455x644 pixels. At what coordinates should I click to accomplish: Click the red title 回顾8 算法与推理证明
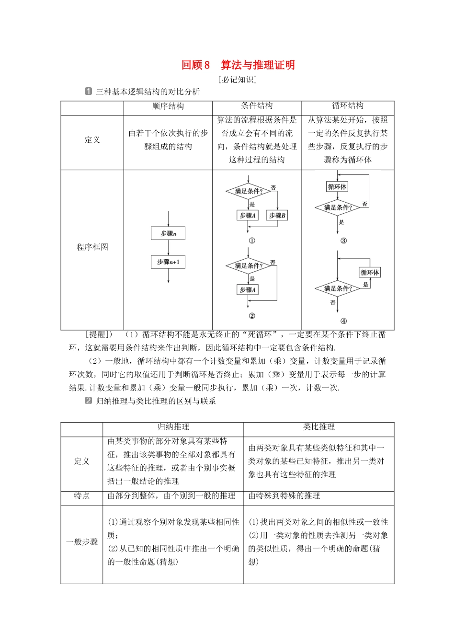tap(238, 65)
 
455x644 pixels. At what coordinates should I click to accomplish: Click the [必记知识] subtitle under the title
tap(238, 80)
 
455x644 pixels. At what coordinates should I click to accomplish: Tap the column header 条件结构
tap(257, 106)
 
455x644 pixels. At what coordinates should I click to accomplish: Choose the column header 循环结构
tap(348, 106)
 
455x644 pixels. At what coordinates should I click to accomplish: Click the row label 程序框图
tap(92, 247)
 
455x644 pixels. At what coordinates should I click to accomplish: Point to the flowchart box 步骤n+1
tap(168, 262)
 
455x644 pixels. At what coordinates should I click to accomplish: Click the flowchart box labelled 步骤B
tap(277, 216)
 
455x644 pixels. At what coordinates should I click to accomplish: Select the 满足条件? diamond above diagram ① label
tap(249, 192)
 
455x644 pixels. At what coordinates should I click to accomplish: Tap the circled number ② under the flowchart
tap(252, 315)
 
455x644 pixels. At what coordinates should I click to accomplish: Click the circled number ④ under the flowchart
tap(343, 321)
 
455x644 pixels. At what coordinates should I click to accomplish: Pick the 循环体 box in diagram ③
tap(337, 186)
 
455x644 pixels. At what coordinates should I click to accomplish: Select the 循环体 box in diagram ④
tap(370, 273)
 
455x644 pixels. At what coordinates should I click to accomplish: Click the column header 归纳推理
tap(173, 427)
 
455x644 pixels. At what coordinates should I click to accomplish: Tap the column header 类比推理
tap(319, 427)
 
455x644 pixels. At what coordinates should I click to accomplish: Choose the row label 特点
tap(82, 496)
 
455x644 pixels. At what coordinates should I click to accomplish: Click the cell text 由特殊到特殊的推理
tap(284, 496)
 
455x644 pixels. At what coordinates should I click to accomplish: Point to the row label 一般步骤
tap(82, 542)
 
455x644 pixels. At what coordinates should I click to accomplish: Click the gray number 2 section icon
tap(88, 401)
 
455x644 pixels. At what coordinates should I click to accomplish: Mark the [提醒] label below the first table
tap(98, 334)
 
